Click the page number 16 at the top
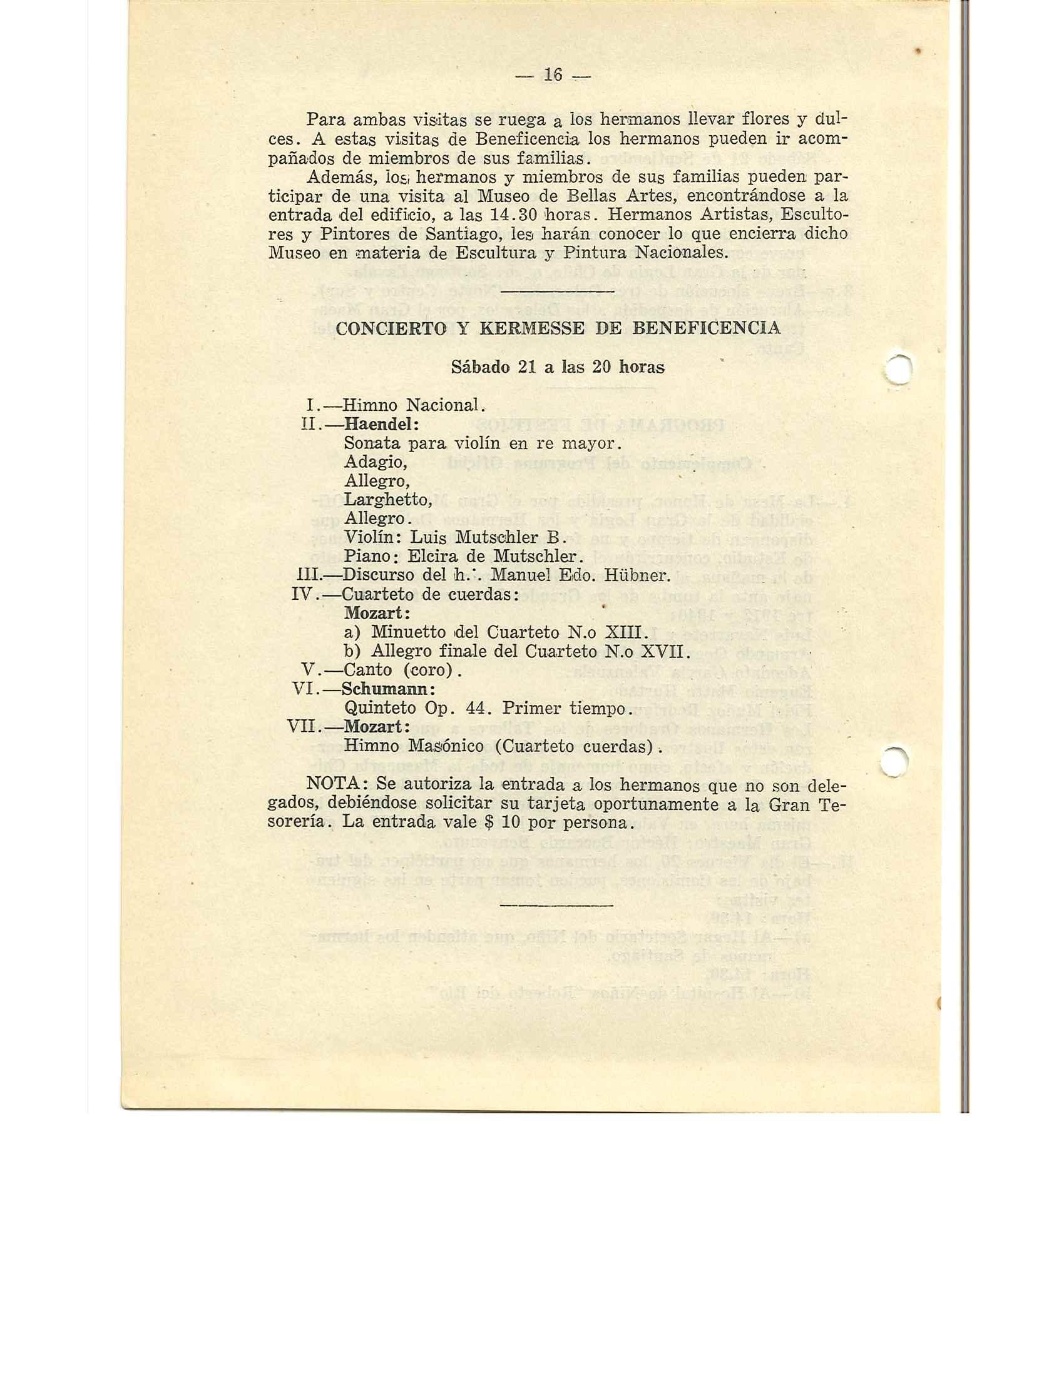point(553,75)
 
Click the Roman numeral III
point(309,575)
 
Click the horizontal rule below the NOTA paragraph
point(556,907)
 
